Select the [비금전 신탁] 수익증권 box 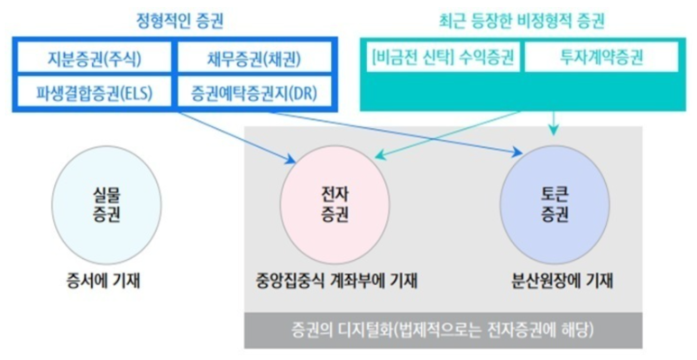[x=443, y=60]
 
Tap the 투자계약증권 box [x=599, y=60]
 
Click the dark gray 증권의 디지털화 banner [x=442, y=328]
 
